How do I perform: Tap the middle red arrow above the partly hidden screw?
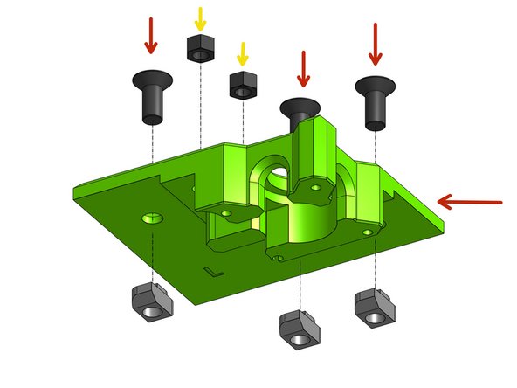pyautogui.click(x=303, y=68)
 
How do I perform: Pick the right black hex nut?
pyautogui.click(x=241, y=85)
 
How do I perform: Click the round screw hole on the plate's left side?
pyautogui.click(x=154, y=216)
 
